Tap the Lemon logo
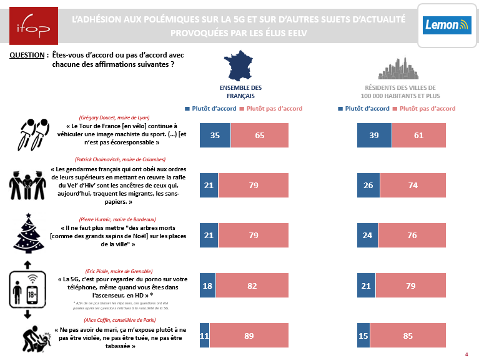446,26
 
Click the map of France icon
240,67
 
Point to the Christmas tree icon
29,234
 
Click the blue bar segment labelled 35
215,136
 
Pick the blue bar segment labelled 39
374,136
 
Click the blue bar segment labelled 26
368,186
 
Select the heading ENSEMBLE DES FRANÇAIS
240,92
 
